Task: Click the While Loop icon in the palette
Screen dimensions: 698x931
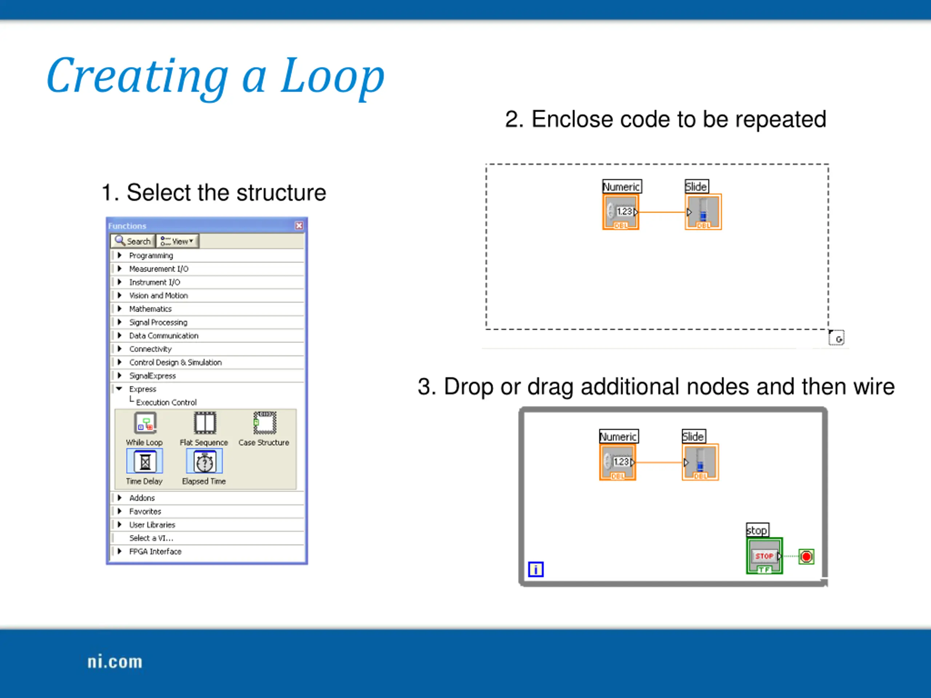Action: pyautogui.click(x=145, y=423)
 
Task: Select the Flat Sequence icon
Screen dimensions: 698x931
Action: pyautogui.click(x=205, y=423)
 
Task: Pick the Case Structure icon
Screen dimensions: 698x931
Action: pyautogui.click(x=265, y=423)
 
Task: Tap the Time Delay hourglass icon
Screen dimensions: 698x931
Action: pyautogui.click(x=145, y=462)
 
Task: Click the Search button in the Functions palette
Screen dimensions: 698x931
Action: pyautogui.click(x=133, y=241)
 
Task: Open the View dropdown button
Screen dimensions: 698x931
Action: pyautogui.click(x=177, y=241)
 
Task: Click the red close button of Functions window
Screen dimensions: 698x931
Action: pyautogui.click(x=299, y=226)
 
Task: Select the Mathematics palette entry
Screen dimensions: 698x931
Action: pyautogui.click(x=150, y=309)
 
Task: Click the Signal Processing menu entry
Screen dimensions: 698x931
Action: pyautogui.click(x=158, y=322)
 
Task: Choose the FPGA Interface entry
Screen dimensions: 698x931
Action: pyautogui.click(x=155, y=551)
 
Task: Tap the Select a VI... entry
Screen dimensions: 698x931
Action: pyautogui.click(x=151, y=538)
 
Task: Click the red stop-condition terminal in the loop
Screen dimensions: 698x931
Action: pyautogui.click(x=806, y=557)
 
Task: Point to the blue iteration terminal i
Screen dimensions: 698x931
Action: pyautogui.click(x=536, y=569)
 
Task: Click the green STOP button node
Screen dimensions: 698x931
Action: pyautogui.click(x=764, y=556)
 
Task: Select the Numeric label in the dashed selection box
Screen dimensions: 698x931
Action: pyautogui.click(x=622, y=186)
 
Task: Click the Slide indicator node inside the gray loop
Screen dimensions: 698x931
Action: pyautogui.click(x=700, y=462)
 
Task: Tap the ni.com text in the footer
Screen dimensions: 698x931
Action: pyautogui.click(x=115, y=662)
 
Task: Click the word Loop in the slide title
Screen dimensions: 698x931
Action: pyautogui.click(x=332, y=76)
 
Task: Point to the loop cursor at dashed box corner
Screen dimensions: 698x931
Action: pyautogui.click(x=836, y=338)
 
